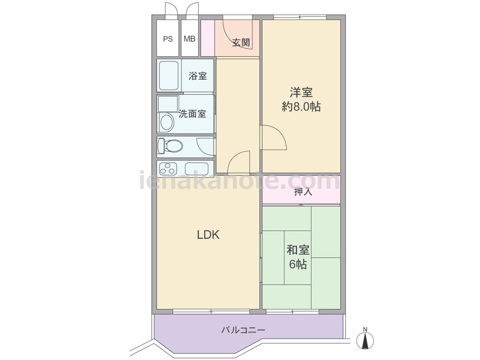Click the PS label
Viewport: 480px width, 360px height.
click(168, 39)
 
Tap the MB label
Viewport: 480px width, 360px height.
click(190, 39)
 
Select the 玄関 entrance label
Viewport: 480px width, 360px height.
click(241, 43)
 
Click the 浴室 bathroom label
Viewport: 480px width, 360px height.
click(197, 76)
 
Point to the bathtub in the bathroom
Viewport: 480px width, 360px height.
click(169, 75)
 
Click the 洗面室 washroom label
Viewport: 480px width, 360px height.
click(192, 114)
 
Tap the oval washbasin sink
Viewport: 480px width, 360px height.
click(167, 122)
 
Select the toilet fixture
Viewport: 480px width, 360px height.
click(170, 146)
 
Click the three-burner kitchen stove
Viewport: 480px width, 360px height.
click(168, 168)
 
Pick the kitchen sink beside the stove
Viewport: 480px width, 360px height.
click(196, 168)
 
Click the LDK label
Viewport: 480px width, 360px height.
click(208, 235)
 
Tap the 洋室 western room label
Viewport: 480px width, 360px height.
click(301, 92)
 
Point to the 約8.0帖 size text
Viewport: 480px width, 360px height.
click(301, 107)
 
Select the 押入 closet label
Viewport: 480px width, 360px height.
click(303, 192)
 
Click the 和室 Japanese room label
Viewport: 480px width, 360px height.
click(298, 250)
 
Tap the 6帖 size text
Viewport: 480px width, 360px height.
click(298, 264)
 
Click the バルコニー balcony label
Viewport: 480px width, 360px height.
click(243, 330)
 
